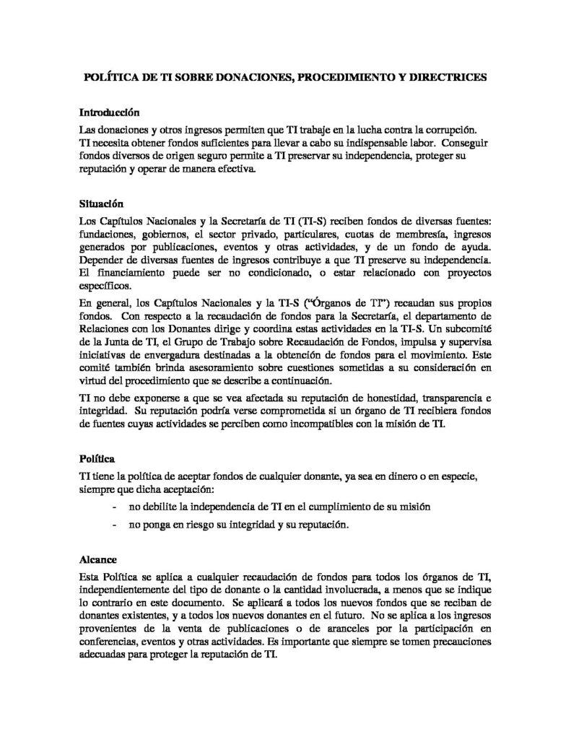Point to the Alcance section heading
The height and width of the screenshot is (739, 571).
(100, 559)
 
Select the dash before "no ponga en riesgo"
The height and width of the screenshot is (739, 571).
(116, 525)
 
